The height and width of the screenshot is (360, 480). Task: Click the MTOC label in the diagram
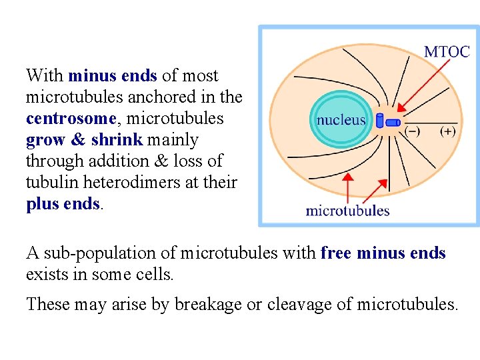pos(447,52)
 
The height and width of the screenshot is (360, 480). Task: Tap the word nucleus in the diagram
pos(341,120)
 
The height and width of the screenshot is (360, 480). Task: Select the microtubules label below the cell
pos(347,211)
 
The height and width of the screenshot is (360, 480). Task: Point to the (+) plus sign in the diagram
pos(448,131)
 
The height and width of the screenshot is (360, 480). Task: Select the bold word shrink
pos(116,140)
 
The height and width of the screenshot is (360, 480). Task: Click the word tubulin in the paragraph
pos(50,183)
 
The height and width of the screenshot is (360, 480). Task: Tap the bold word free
pos(336,253)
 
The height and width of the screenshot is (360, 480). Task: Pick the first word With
pos(45,75)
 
